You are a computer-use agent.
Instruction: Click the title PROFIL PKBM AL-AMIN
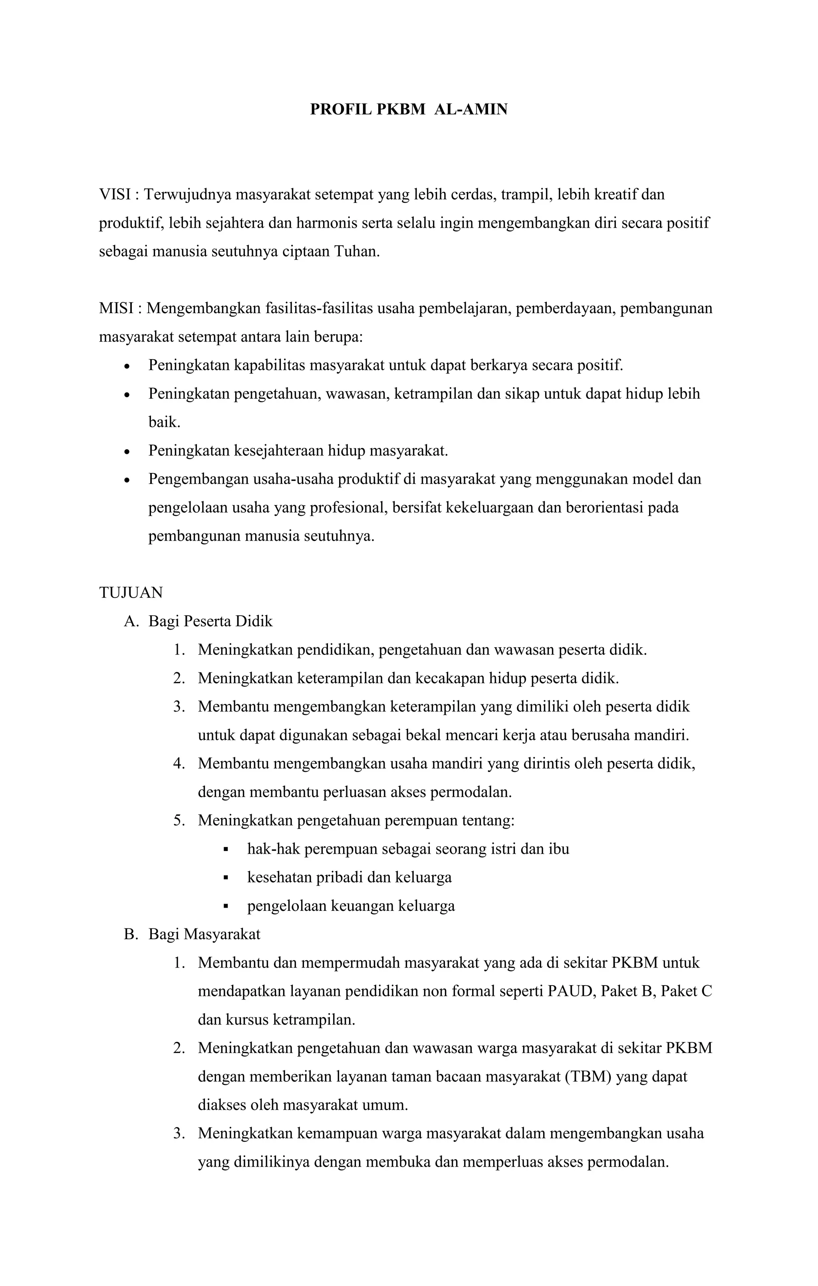pyautogui.click(x=409, y=109)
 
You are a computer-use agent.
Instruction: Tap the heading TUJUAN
pyautogui.click(x=131, y=593)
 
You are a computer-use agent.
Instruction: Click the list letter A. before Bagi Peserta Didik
pyautogui.click(x=131, y=621)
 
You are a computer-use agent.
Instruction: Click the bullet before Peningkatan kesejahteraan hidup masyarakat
pyautogui.click(x=127, y=452)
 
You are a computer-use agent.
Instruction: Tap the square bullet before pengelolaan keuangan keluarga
pyautogui.click(x=226, y=906)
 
